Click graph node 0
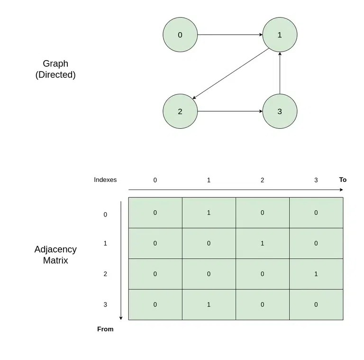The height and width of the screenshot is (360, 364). tap(180, 35)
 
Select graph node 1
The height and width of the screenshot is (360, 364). tap(280, 35)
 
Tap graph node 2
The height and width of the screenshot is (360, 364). tap(180, 111)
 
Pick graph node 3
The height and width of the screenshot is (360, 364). tap(280, 111)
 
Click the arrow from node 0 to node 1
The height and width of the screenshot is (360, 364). tap(230, 35)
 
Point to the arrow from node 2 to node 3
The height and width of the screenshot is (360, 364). tap(230, 111)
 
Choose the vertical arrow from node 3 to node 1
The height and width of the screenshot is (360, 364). tap(280, 73)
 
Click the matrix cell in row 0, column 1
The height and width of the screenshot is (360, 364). tap(209, 213)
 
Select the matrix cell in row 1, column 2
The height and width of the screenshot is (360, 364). tap(262, 243)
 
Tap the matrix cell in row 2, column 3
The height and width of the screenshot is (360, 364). tap(316, 274)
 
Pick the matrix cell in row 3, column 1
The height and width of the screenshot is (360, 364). tap(209, 305)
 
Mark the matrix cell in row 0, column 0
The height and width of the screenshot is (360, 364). tap(155, 213)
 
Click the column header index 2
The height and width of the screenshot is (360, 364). tap(262, 180)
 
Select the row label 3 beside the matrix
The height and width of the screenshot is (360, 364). tap(105, 305)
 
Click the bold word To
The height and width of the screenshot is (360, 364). tap(343, 180)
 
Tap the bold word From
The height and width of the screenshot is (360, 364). tap(105, 329)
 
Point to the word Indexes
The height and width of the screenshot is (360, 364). tap(105, 180)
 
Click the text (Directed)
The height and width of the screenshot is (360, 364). tap(55, 74)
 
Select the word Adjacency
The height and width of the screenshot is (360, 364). tap(55, 249)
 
